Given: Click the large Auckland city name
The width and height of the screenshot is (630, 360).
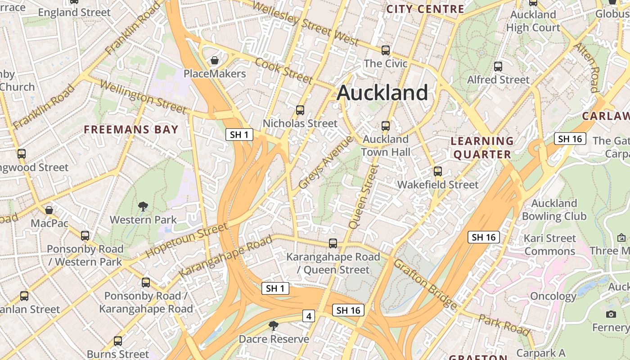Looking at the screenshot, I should [x=382, y=93].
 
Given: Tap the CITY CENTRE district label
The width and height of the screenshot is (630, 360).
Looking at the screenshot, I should [x=425, y=9].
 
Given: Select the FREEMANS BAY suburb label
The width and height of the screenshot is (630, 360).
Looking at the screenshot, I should [x=131, y=130].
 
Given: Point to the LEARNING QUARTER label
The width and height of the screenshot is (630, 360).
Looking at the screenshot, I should [x=482, y=148].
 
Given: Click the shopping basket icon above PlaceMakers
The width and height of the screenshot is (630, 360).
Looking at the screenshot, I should [x=215, y=60].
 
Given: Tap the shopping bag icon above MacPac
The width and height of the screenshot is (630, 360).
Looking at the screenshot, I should [x=49, y=210].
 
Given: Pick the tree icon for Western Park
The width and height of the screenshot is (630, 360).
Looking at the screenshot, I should [x=143, y=207].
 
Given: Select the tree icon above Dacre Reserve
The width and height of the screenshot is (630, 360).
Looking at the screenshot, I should [x=273, y=326].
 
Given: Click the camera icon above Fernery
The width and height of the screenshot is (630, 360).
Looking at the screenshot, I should [x=611, y=314].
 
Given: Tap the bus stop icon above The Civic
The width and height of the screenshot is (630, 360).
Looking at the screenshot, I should [x=386, y=50].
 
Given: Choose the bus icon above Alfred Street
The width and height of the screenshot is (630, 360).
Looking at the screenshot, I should [x=498, y=67].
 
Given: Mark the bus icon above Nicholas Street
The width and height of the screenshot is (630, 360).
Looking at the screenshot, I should [x=300, y=110].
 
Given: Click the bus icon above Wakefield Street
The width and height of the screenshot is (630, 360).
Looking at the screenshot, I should [x=438, y=171].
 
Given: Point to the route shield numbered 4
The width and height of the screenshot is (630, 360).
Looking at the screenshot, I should [x=308, y=316].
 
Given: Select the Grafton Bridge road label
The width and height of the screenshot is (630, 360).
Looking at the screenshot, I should [x=425, y=284].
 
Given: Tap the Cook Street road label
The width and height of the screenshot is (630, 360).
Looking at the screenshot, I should [x=283, y=70].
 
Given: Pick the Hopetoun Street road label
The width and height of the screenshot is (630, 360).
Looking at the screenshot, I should [x=186, y=240].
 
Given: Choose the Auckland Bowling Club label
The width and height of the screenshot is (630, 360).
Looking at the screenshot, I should [x=554, y=210].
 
